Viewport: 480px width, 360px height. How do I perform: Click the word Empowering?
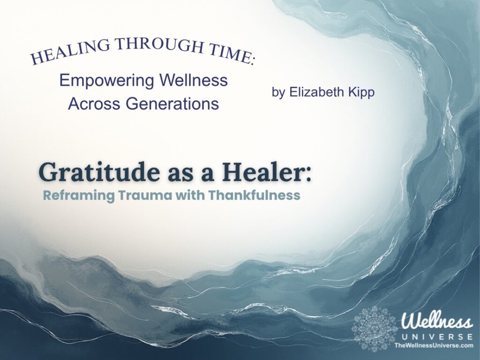102,81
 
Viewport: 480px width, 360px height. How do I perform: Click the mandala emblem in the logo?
375,328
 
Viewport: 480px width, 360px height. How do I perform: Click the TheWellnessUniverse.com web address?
433,345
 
